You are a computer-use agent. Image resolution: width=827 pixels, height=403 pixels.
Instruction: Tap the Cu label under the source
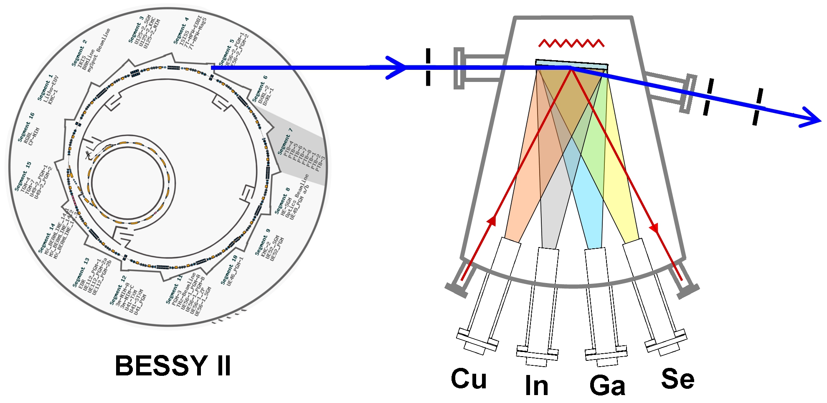(x=469, y=379)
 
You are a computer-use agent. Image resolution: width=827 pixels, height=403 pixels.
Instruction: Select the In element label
(x=536, y=385)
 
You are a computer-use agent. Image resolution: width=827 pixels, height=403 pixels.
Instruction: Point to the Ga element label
(x=607, y=385)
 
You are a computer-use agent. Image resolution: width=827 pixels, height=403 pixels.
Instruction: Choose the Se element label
(x=677, y=379)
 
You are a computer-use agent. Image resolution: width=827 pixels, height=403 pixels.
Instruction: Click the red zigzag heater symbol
(x=571, y=43)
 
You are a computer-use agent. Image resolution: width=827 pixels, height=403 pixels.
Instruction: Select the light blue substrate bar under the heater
(x=571, y=64)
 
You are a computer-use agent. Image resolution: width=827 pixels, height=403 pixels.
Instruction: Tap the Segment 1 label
(x=45, y=88)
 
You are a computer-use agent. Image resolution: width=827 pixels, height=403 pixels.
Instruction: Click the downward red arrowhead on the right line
(x=654, y=228)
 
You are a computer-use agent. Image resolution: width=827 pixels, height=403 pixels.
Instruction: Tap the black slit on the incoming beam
(x=428, y=67)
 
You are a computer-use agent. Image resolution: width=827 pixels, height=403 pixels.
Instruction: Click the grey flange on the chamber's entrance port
(x=459, y=69)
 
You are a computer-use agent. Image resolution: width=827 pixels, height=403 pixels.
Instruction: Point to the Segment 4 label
(x=181, y=31)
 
